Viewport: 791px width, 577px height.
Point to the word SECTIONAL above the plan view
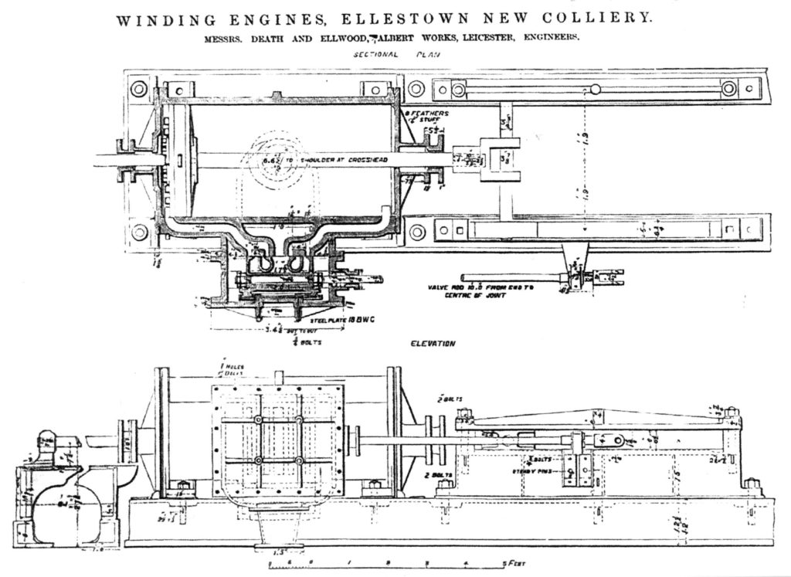[x=376, y=56]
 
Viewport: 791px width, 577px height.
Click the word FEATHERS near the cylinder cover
[x=427, y=113]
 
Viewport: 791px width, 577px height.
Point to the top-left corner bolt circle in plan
[x=139, y=89]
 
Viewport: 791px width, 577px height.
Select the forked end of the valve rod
[x=610, y=274]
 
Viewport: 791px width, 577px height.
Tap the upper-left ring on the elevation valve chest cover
[x=258, y=420]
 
